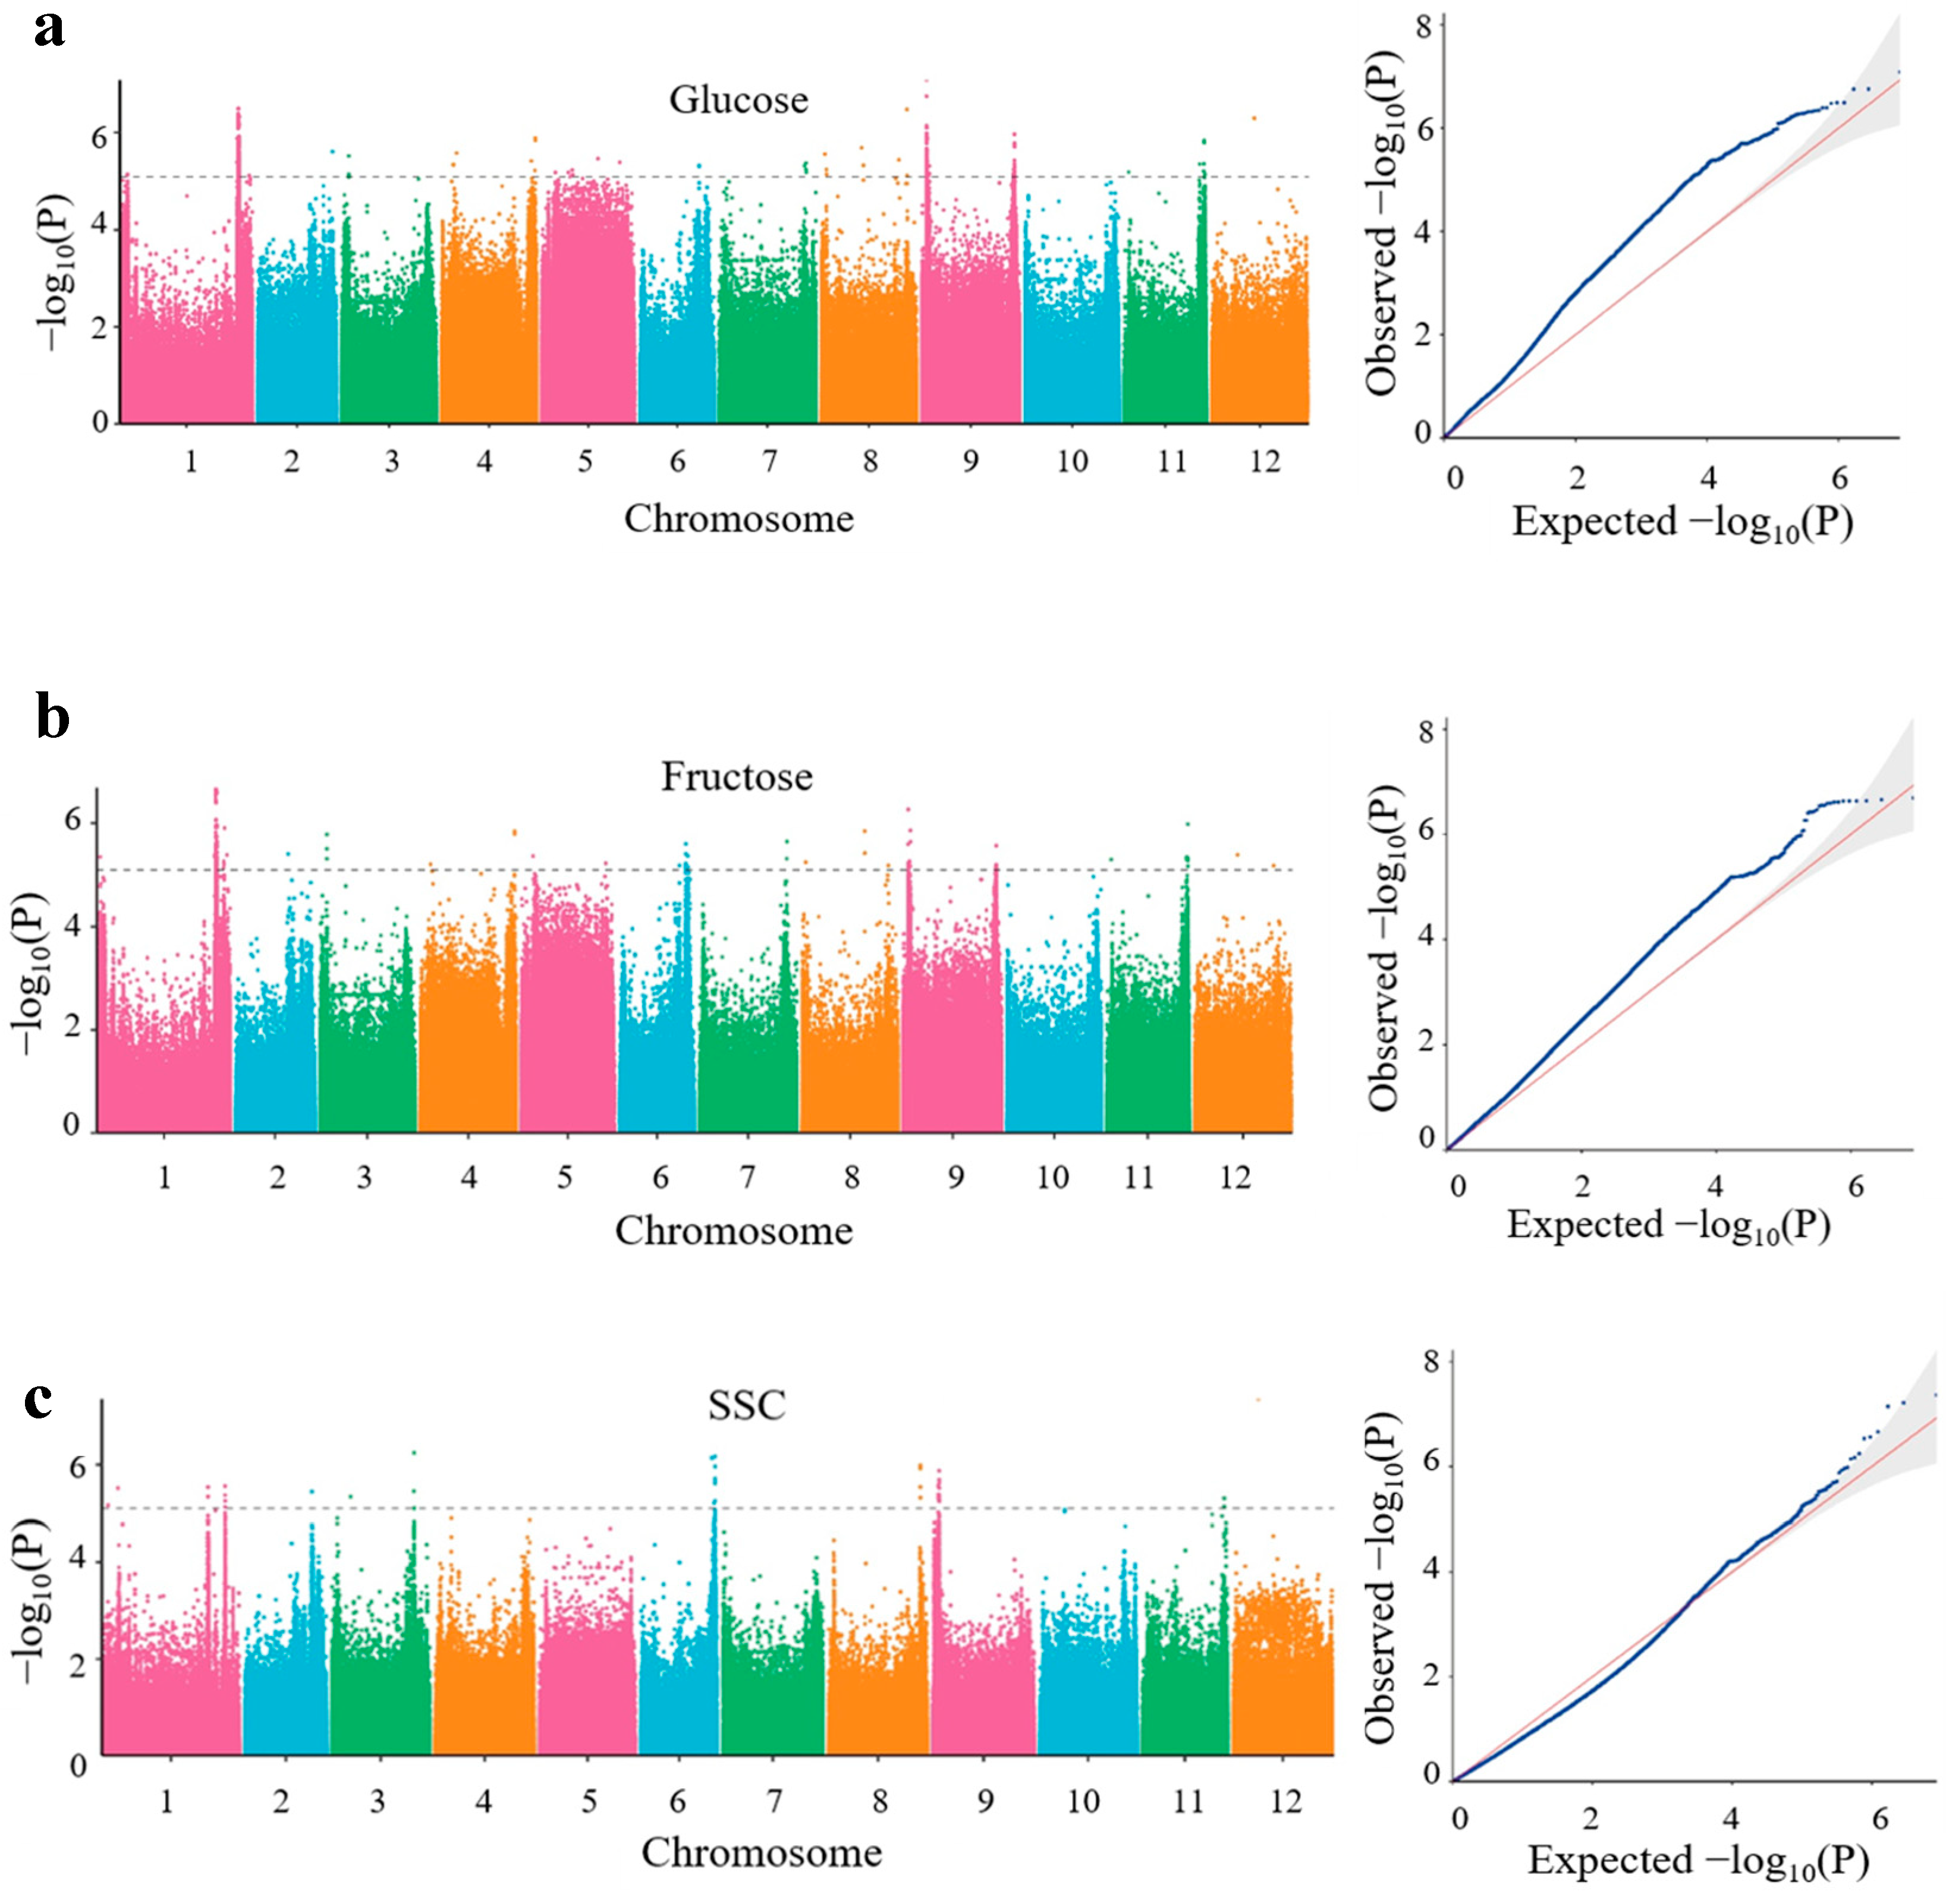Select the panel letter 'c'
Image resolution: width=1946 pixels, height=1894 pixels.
point(39,1399)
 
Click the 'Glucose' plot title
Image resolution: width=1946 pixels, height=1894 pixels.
point(738,100)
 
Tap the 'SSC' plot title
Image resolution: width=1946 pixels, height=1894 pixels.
point(746,1405)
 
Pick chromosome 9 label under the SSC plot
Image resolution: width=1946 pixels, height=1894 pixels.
point(984,1801)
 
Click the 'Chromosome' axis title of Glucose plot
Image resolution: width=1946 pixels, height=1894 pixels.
point(738,519)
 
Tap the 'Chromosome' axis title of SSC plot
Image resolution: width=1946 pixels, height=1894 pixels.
point(761,1852)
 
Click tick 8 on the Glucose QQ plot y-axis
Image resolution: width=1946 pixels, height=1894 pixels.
point(1424,26)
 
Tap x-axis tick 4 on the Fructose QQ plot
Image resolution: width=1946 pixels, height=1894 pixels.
point(1714,1186)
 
